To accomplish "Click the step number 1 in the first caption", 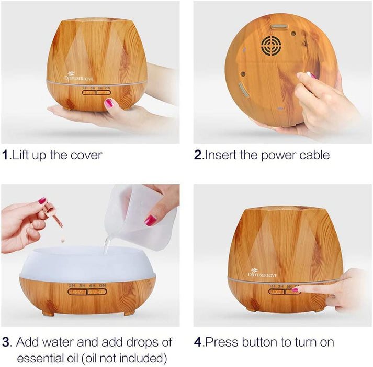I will [x=5, y=156].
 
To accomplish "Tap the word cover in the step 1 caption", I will [x=85, y=156].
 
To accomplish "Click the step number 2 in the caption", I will [x=198, y=156].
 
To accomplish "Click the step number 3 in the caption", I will [x=6, y=342].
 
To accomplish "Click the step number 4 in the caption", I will [x=198, y=342].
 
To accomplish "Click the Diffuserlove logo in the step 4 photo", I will [x=262, y=272].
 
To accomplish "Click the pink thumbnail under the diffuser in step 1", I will [x=109, y=103].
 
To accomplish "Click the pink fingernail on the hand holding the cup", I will [x=151, y=220].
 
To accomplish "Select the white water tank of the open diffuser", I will [x=87, y=262].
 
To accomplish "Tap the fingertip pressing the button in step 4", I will [x=296, y=289].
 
